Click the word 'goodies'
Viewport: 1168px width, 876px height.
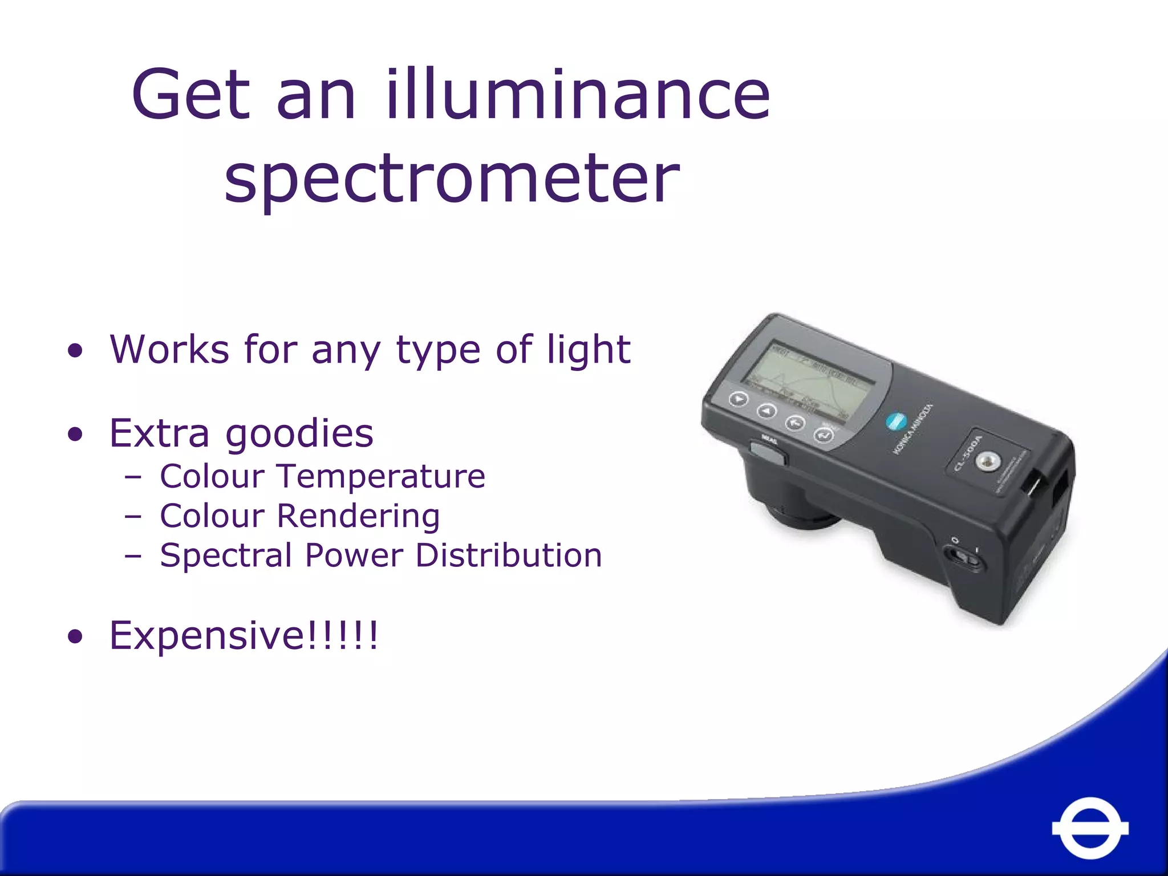point(299,435)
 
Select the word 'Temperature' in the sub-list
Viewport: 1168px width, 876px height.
point(380,476)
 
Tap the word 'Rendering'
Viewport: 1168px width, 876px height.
point(358,516)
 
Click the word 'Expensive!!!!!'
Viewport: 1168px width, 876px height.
point(244,635)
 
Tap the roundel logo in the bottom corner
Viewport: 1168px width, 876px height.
point(1090,828)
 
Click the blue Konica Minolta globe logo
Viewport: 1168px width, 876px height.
point(895,423)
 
